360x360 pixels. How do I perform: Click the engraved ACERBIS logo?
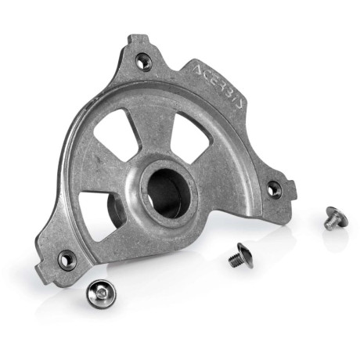point(218,85)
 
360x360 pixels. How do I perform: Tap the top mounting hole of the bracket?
point(144,62)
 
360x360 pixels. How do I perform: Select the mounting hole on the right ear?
point(274,188)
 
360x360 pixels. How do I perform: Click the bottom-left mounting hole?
point(67,259)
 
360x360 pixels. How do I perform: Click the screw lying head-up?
point(101,294)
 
